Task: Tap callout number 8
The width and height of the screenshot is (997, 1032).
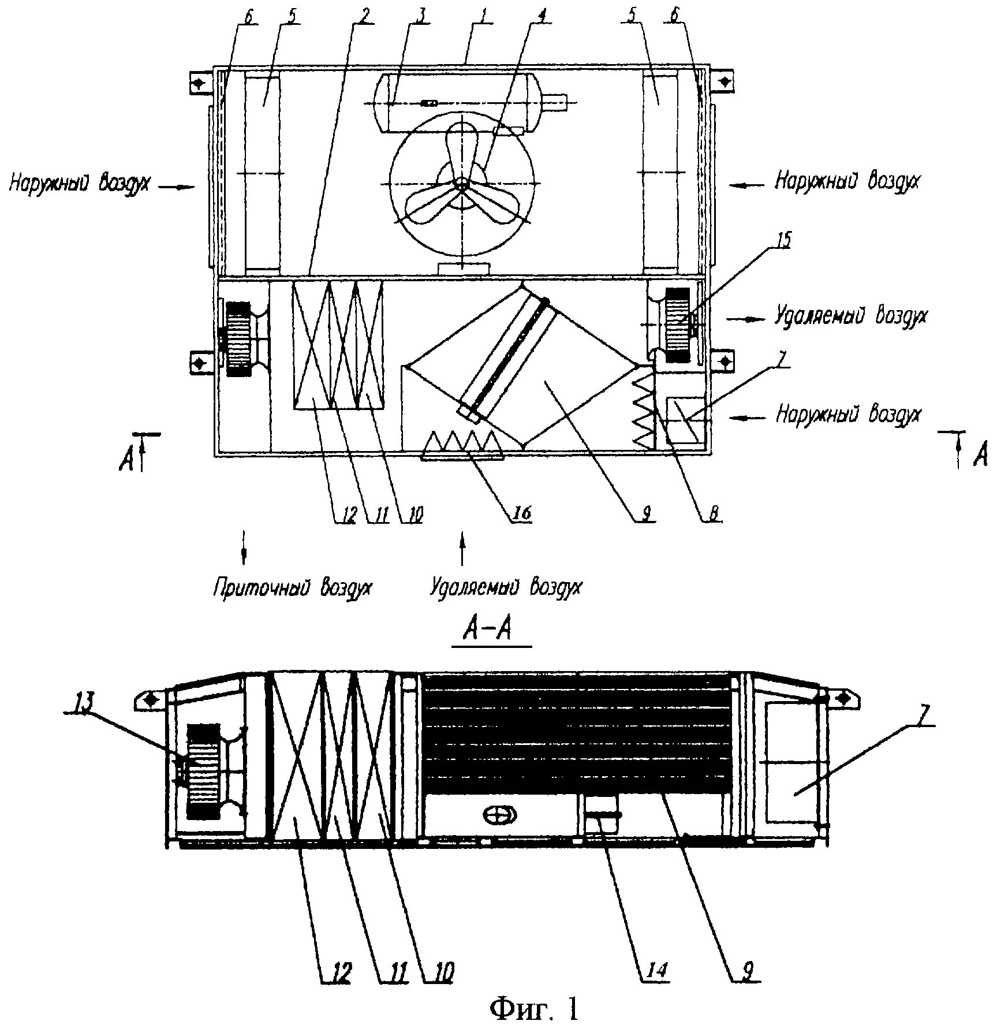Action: pyautogui.click(x=714, y=513)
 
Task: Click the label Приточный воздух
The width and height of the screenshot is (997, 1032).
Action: pyautogui.click(x=293, y=588)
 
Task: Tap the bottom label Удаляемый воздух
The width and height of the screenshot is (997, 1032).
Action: pyautogui.click(x=506, y=588)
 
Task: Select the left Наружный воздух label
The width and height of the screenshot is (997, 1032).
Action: pyautogui.click(x=80, y=183)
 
